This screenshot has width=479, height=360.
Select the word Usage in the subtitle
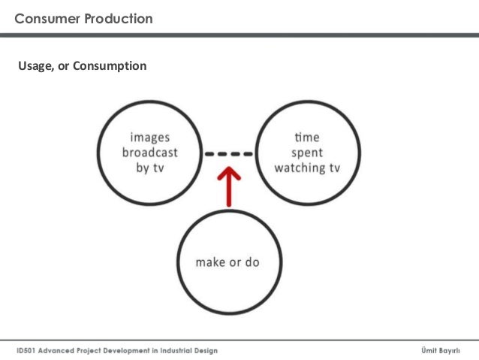(x=34, y=67)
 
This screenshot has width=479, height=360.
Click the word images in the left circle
(x=150, y=138)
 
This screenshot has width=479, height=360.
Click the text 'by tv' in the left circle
(x=150, y=168)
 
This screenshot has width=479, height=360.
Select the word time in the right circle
(x=307, y=138)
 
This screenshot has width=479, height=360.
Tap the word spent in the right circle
(x=307, y=153)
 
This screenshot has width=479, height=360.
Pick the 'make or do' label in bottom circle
(x=227, y=262)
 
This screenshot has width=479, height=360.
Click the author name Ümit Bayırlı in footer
(x=444, y=351)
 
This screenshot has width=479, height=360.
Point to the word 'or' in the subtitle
(x=63, y=67)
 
